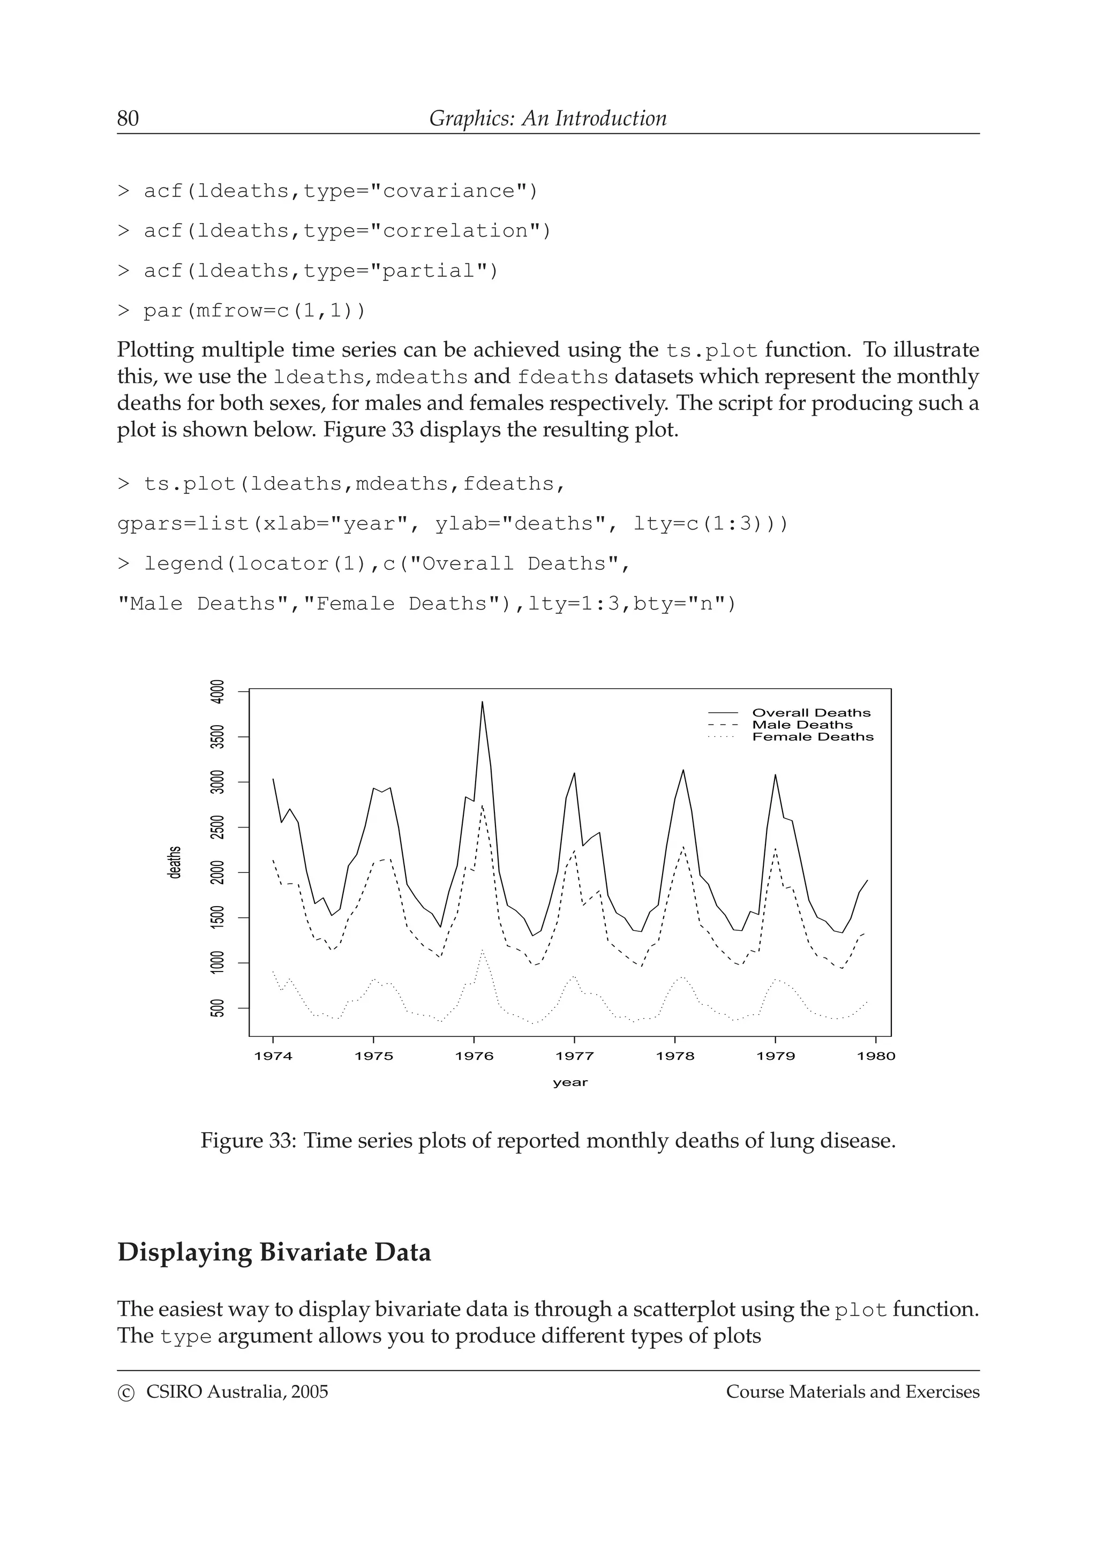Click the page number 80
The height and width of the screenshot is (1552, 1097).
pyautogui.click(x=127, y=118)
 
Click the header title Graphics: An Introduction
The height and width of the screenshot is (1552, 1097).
pyautogui.click(x=547, y=118)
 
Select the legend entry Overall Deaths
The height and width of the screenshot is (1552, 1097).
pyautogui.click(x=810, y=712)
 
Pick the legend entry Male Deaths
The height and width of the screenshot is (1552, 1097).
pyautogui.click(x=802, y=725)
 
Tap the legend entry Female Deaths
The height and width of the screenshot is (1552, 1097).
pyautogui.click(x=813, y=737)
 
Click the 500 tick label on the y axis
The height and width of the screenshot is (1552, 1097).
pyautogui.click(x=217, y=1008)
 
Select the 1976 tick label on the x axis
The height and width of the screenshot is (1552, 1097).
pyautogui.click(x=474, y=1057)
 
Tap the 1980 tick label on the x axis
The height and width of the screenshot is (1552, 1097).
pyautogui.click(x=875, y=1057)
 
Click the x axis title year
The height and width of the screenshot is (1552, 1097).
pyautogui.click(x=570, y=1082)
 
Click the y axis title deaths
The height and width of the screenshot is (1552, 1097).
pyautogui.click(x=175, y=863)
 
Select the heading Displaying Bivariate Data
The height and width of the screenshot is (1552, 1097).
pyautogui.click(x=274, y=1253)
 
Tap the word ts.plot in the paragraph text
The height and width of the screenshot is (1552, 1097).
pyautogui.click(x=711, y=351)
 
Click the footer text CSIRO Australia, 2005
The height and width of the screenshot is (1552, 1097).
pyautogui.click(x=237, y=1392)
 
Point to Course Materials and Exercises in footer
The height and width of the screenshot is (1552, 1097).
pyautogui.click(x=852, y=1392)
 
